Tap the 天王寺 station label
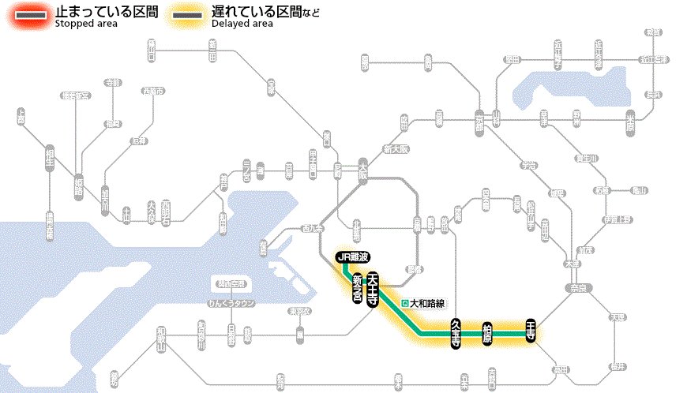[x=372, y=289]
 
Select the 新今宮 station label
[x=357, y=289]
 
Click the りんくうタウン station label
[x=231, y=303]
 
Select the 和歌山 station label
[x=162, y=340]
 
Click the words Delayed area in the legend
[x=242, y=24]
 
